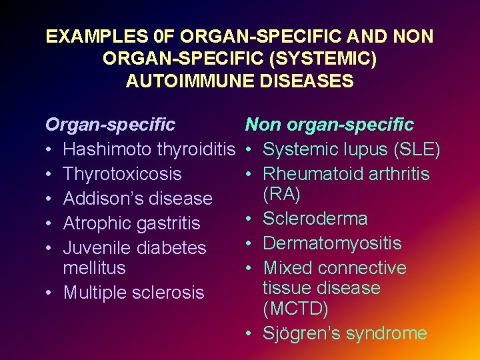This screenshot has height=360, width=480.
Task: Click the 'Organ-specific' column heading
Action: [x=110, y=125]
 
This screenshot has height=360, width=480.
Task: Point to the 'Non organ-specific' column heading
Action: [x=329, y=125]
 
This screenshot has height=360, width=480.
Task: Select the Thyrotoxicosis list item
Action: [x=122, y=174]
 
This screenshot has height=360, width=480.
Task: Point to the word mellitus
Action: [x=94, y=268]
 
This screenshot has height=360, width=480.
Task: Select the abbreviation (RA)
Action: [x=281, y=194]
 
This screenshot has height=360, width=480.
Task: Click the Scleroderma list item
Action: [x=315, y=219]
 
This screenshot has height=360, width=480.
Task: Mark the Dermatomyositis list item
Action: [x=332, y=243]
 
